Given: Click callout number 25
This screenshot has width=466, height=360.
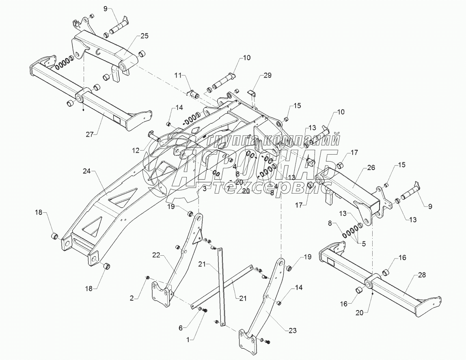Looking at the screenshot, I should [x=145, y=36].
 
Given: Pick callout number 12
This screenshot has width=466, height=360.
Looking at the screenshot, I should [x=136, y=150].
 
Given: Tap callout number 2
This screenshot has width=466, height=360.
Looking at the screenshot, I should [x=132, y=298].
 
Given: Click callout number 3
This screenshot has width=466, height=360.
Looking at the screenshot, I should [x=205, y=189].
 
